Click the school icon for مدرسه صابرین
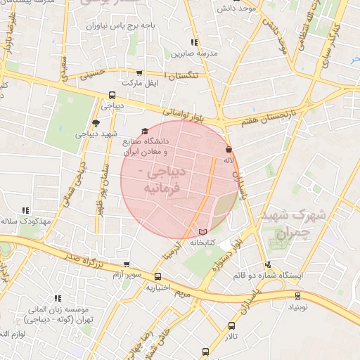[195, 43]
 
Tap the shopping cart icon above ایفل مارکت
[139, 72]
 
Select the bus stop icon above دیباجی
[112, 96]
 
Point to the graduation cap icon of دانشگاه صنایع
[146, 131]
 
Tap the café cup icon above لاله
[229, 149]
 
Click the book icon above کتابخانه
[203, 231]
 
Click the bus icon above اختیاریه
[157, 276]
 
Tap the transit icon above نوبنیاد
[297, 296]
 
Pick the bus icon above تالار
[232, 326]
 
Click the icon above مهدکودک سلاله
[26, 210]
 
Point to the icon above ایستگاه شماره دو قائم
[268, 265]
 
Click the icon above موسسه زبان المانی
[58, 298]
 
